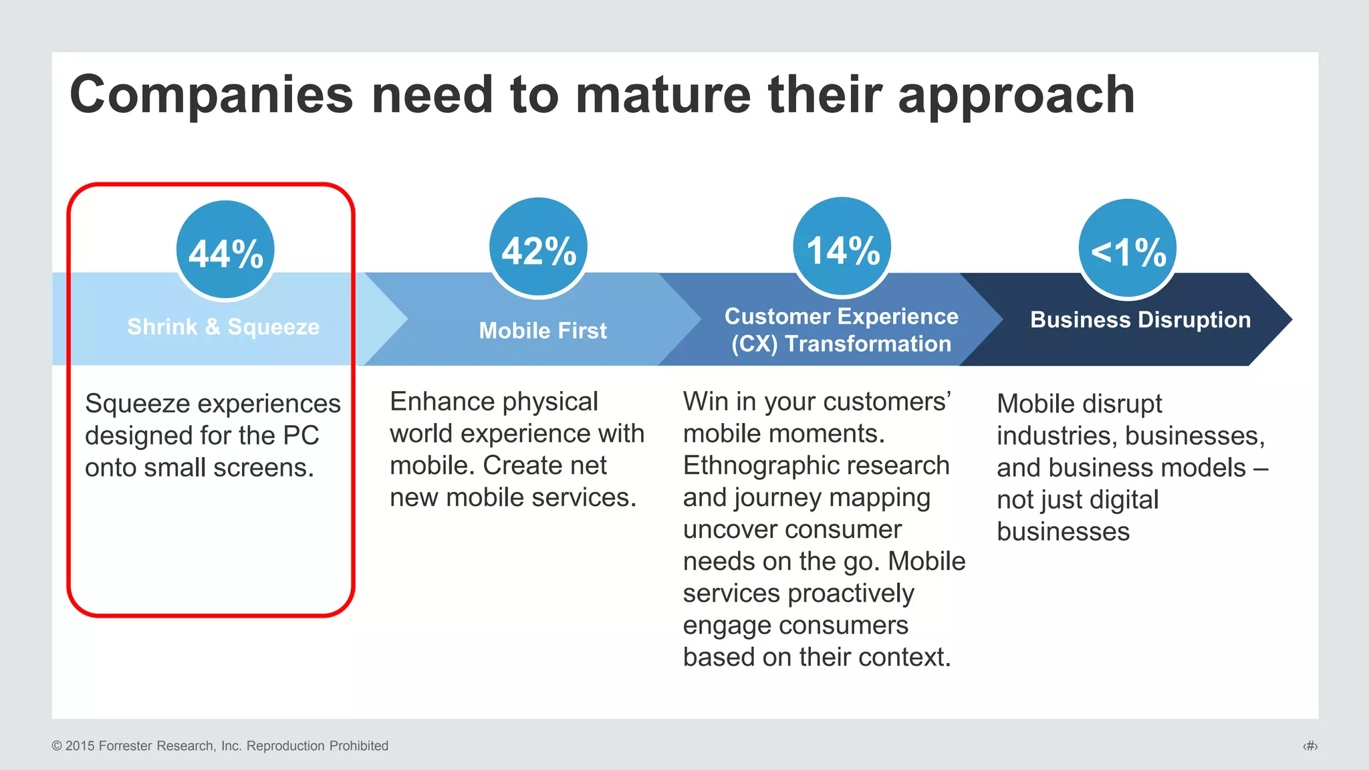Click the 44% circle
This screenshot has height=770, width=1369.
(226, 250)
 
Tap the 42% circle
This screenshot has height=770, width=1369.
(538, 247)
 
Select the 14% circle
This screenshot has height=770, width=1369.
(842, 247)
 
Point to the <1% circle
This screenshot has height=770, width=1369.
(1128, 249)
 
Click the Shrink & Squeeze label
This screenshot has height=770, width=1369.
(223, 327)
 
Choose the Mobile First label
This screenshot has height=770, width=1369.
(543, 330)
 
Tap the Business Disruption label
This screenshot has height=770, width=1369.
(1140, 319)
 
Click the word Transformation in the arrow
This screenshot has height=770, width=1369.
(868, 344)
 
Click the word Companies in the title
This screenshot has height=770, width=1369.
(211, 95)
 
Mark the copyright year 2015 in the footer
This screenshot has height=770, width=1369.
(80, 746)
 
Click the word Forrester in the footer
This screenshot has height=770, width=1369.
(125, 746)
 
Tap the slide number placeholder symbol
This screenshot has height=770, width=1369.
(1310, 746)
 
